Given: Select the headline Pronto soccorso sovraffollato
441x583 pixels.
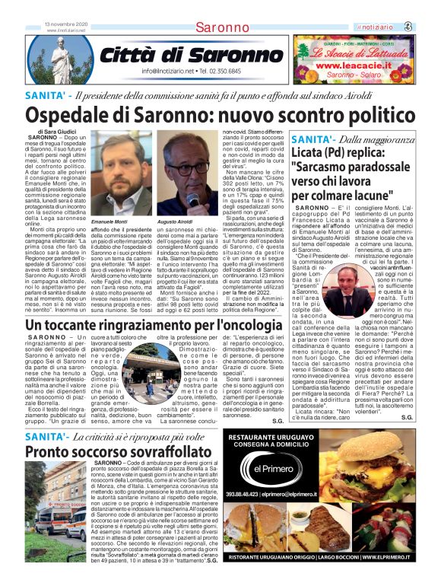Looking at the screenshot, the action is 112,451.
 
